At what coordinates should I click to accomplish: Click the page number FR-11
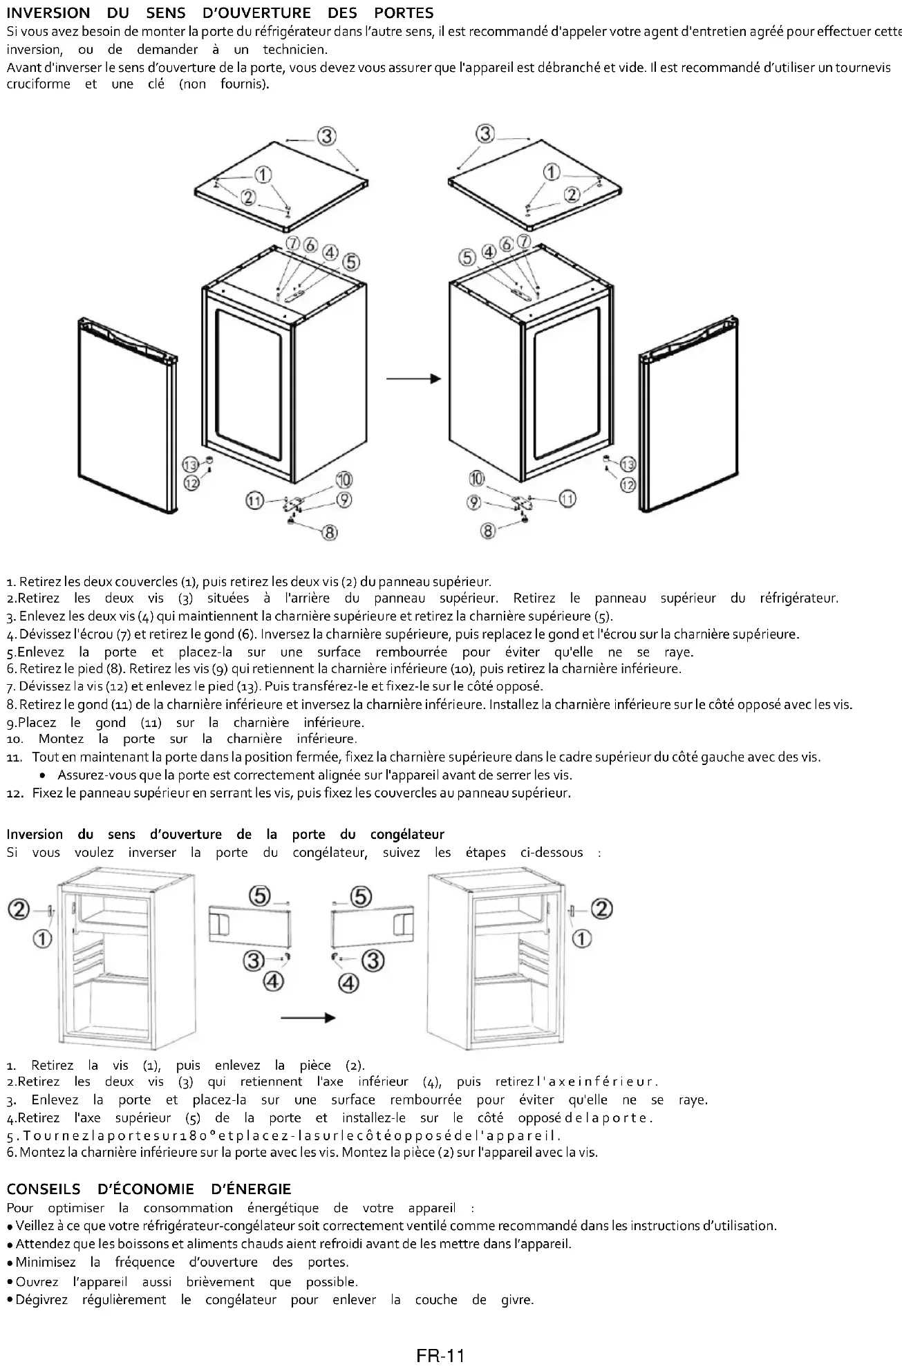440,1355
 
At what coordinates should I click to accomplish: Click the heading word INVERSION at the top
48,13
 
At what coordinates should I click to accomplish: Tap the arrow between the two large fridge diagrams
413,379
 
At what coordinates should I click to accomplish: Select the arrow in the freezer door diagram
308,1017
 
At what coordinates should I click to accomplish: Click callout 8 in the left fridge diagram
330,531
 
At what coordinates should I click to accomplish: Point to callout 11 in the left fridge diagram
256,500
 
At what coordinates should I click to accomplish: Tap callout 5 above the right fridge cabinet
468,257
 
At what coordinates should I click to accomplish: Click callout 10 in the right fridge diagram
476,478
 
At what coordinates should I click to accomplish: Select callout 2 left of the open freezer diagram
19,909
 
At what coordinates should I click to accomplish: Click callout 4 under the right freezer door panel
348,982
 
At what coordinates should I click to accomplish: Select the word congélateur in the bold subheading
408,834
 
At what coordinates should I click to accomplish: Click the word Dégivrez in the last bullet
41,1299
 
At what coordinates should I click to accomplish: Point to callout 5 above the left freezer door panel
260,896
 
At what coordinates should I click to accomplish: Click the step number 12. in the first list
15,793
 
